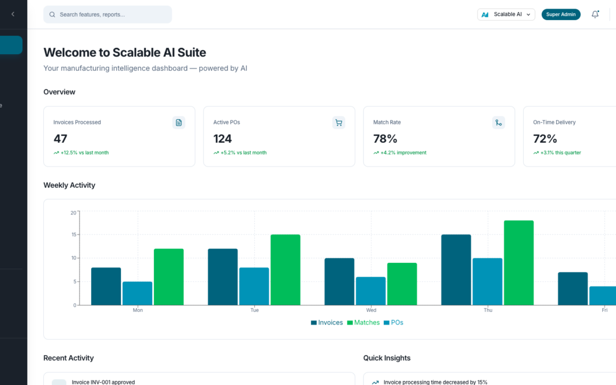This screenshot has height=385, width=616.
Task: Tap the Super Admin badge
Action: tap(561, 14)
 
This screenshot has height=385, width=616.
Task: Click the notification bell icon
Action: tap(595, 14)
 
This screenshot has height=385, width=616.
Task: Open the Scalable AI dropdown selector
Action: tap(506, 14)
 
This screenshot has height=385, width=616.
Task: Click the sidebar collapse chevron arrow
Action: tap(13, 14)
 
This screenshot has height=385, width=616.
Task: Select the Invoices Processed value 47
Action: tap(60, 139)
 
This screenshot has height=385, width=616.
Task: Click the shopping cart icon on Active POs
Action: tap(339, 123)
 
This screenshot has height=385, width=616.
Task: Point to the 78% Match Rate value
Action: tap(385, 139)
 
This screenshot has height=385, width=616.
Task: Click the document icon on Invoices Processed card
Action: tap(179, 123)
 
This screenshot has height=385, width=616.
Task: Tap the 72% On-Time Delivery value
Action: tap(545, 139)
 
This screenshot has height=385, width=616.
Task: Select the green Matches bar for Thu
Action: tap(518, 262)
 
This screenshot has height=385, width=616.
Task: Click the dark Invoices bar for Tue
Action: tap(222, 277)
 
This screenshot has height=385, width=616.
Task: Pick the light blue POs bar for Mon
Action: tap(137, 293)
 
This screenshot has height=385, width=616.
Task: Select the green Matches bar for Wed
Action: tap(402, 283)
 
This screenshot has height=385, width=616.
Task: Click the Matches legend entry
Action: tap(363, 323)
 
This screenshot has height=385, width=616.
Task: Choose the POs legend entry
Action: tap(394, 323)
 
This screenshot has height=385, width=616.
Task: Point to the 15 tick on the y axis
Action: tap(73, 235)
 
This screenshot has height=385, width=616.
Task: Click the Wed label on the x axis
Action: tap(371, 310)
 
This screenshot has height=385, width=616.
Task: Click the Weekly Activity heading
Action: tap(69, 185)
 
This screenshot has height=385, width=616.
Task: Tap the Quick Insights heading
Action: tap(387, 358)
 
